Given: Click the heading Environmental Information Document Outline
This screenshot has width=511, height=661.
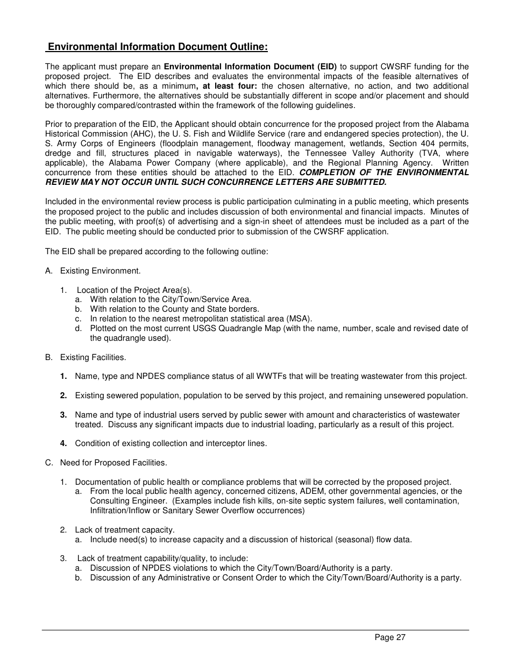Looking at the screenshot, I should pyautogui.click(x=157, y=47).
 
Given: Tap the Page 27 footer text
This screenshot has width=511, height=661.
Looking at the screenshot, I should pyautogui.click(x=390, y=637).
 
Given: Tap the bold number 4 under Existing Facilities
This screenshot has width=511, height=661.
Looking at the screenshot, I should pyautogui.click(x=63, y=443).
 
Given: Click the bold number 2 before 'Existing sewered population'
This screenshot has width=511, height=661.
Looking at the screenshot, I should pyautogui.click(x=63, y=396).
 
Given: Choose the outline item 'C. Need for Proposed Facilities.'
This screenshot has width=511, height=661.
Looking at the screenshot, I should pyautogui.click(x=106, y=462).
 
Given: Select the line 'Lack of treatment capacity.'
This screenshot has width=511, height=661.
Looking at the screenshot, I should pyautogui.click(x=124, y=530).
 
